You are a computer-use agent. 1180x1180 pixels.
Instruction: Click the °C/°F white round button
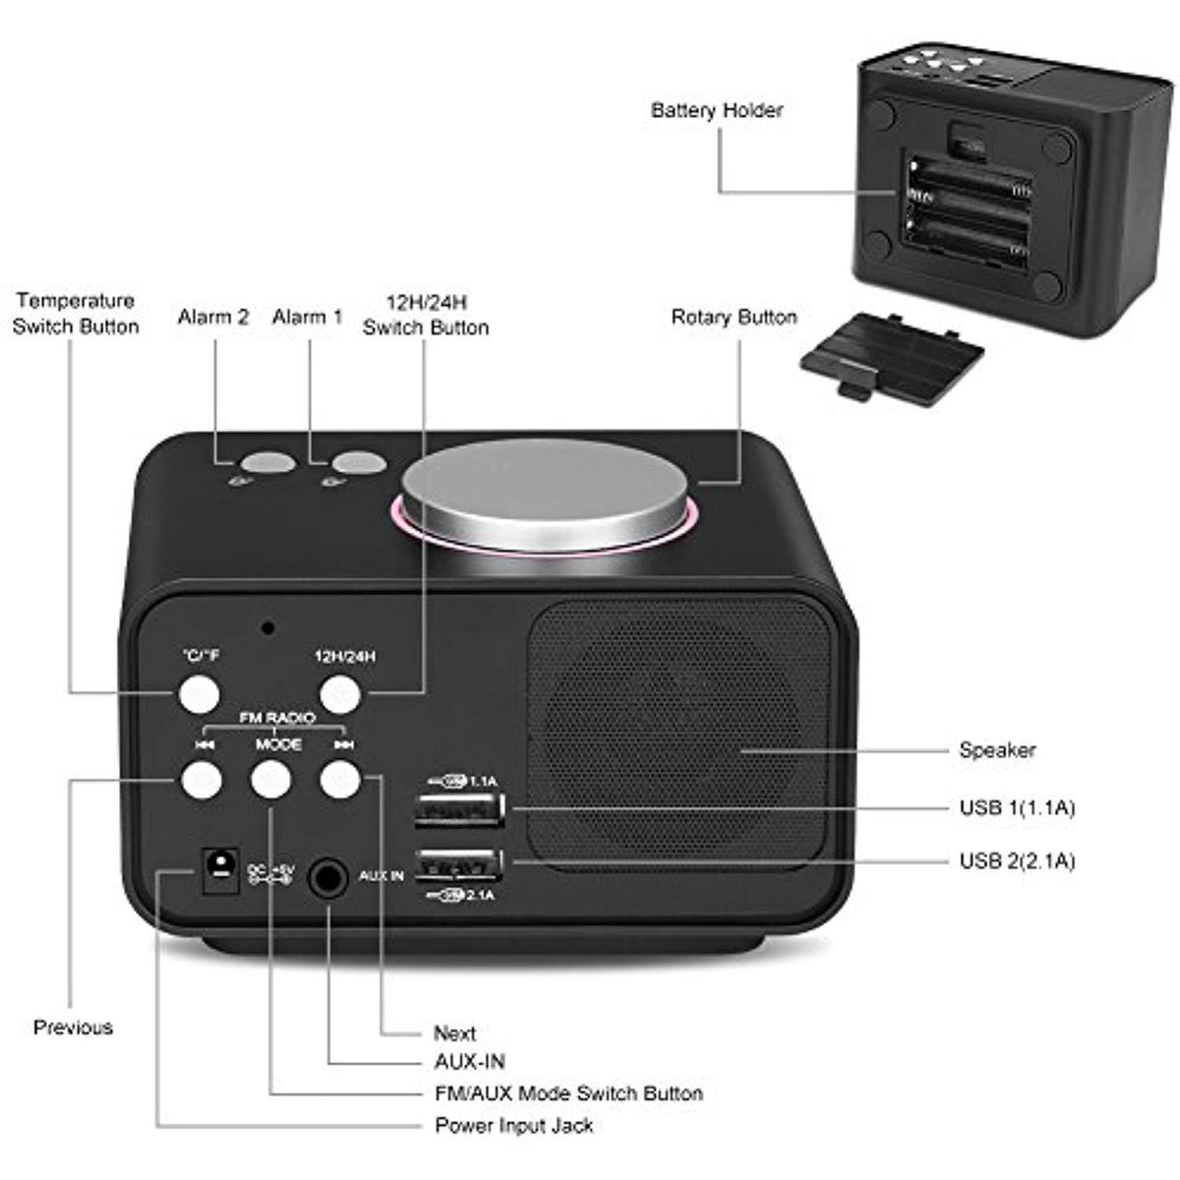[198, 692]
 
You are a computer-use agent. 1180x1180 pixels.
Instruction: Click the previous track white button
[202, 780]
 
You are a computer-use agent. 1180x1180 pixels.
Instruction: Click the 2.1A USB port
[459, 865]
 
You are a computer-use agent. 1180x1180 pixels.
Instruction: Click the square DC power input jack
[220, 870]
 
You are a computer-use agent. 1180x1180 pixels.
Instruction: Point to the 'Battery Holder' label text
[717, 110]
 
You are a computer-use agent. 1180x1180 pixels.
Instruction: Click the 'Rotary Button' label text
[734, 318]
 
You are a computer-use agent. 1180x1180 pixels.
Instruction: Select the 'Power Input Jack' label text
[513, 1126]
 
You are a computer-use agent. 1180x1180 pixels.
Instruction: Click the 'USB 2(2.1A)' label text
[1017, 861]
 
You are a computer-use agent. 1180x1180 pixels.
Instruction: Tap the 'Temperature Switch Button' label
[76, 314]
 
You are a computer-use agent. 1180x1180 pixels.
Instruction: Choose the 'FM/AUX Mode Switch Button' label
[568, 1093]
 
